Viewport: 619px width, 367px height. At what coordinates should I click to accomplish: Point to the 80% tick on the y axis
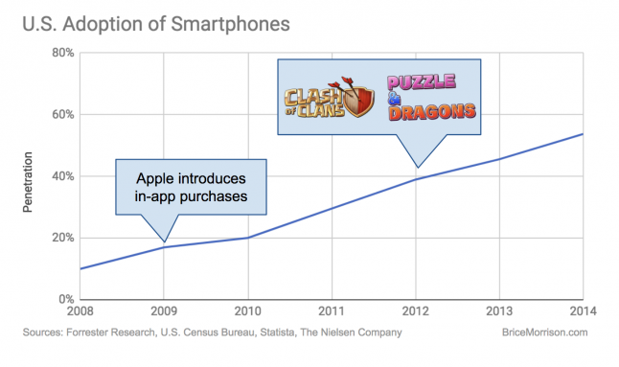click(63, 53)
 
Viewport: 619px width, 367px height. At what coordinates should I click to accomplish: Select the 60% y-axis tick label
click(63, 115)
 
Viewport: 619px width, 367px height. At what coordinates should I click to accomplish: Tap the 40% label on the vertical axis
click(63, 176)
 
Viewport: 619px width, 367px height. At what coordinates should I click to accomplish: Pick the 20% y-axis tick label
click(63, 238)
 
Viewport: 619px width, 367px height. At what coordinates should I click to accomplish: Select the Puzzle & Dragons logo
click(431, 99)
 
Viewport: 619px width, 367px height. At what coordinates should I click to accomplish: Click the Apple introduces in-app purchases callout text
click(191, 187)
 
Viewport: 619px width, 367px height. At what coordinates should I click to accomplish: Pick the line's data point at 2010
click(248, 238)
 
